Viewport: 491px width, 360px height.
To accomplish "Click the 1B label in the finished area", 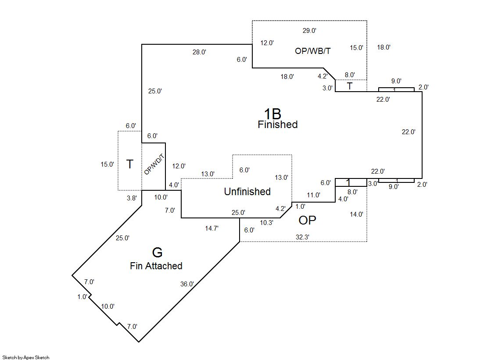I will (x=272, y=114).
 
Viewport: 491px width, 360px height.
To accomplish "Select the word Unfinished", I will (x=247, y=192).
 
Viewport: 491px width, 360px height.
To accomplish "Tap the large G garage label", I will (x=157, y=253).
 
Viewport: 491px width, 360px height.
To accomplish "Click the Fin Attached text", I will (x=156, y=266).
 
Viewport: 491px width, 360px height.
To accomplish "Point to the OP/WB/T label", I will (x=313, y=51).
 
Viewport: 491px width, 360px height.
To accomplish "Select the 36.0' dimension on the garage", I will (x=187, y=284).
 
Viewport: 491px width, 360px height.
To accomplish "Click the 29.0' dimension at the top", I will (x=309, y=31).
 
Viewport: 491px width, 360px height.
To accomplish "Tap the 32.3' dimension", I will (x=302, y=237).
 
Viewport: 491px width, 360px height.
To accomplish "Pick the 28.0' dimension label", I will (x=199, y=52).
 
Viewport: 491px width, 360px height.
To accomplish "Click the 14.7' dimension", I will (x=211, y=228).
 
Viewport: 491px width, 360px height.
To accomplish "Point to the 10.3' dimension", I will (x=266, y=223).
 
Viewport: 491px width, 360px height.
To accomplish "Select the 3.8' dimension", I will (x=131, y=198).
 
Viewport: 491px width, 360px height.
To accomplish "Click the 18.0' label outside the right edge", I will (x=383, y=47).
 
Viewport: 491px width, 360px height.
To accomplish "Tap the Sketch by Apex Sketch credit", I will (x=26, y=357).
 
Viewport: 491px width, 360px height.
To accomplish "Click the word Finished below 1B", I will (x=277, y=125).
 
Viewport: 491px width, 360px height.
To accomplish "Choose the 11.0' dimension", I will (x=313, y=195).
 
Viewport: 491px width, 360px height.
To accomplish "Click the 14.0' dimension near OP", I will (x=356, y=214).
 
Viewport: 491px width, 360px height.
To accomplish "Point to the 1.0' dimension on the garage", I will (x=82, y=297).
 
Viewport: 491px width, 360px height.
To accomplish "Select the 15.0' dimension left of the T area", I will (x=108, y=164).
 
